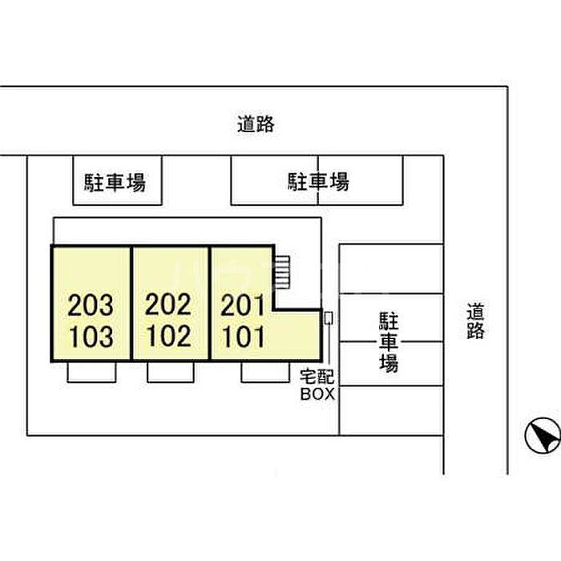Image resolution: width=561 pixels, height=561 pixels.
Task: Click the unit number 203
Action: point(91,305)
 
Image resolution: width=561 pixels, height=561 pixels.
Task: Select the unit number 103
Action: point(91,337)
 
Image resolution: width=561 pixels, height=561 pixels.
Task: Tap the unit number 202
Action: point(168,305)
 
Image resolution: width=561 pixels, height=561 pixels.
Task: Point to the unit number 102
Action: point(169,336)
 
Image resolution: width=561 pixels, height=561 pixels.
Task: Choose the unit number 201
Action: point(243,305)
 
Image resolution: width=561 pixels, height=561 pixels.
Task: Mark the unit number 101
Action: point(244,337)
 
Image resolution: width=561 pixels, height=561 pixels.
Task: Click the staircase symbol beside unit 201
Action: point(281,272)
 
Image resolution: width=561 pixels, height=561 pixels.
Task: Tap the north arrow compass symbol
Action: point(543,436)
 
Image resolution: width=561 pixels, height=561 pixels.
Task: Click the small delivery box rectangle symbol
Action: point(329,318)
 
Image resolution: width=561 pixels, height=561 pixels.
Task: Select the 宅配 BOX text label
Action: point(317,385)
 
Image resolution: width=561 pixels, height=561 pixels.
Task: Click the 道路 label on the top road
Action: point(256,124)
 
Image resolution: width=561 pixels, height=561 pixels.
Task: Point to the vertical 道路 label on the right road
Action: point(475,321)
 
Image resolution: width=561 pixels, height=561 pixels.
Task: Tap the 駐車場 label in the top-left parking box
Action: point(115,183)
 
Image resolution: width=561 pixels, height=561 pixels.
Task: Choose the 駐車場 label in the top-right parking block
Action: point(318,181)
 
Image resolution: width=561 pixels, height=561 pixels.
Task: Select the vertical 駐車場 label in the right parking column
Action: point(389,342)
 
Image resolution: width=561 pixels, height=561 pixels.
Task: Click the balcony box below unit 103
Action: point(91,373)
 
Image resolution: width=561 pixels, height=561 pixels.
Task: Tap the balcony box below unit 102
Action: point(171,373)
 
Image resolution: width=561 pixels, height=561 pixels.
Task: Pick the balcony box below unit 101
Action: point(265,373)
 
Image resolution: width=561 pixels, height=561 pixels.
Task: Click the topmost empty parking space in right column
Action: point(391,269)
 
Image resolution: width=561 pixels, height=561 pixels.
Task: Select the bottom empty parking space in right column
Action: point(391,410)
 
